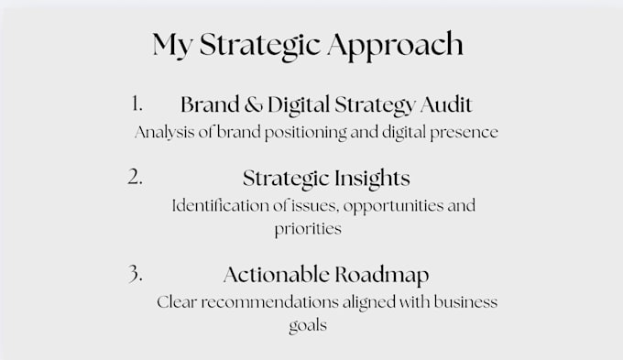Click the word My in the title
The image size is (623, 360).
(172, 45)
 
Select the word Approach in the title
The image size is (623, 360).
(396, 45)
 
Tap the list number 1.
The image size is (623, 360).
(137, 104)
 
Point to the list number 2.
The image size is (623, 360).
(135, 177)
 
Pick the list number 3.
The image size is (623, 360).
(135, 273)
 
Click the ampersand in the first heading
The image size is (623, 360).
(254, 105)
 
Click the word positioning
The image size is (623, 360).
(305, 133)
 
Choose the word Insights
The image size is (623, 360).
(372, 179)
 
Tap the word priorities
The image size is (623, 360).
(308, 229)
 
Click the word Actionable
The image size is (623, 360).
(277, 275)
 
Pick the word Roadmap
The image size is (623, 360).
(382, 276)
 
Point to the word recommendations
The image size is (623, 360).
(269, 302)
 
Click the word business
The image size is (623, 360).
(465, 302)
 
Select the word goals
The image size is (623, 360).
(308, 326)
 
